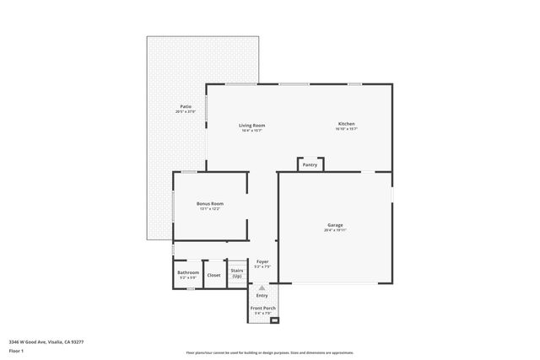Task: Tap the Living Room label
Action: coord(252,126)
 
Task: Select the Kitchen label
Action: coord(347,124)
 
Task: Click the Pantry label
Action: coord(310,165)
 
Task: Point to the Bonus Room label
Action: coord(210,204)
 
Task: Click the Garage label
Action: coord(335,225)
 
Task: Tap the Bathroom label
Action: coord(188,273)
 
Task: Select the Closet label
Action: coord(214,275)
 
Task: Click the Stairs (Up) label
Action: coord(237,274)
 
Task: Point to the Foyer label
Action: coord(262,262)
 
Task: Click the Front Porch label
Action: coord(262,309)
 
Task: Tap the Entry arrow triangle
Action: coord(262,287)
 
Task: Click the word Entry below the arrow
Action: coord(262,296)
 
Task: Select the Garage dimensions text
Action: coord(335,230)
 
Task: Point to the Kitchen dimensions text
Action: coord(347,130)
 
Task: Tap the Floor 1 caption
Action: coord(15,352)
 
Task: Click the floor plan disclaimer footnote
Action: coord(269,352)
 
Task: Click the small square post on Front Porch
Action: coord(273,321)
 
